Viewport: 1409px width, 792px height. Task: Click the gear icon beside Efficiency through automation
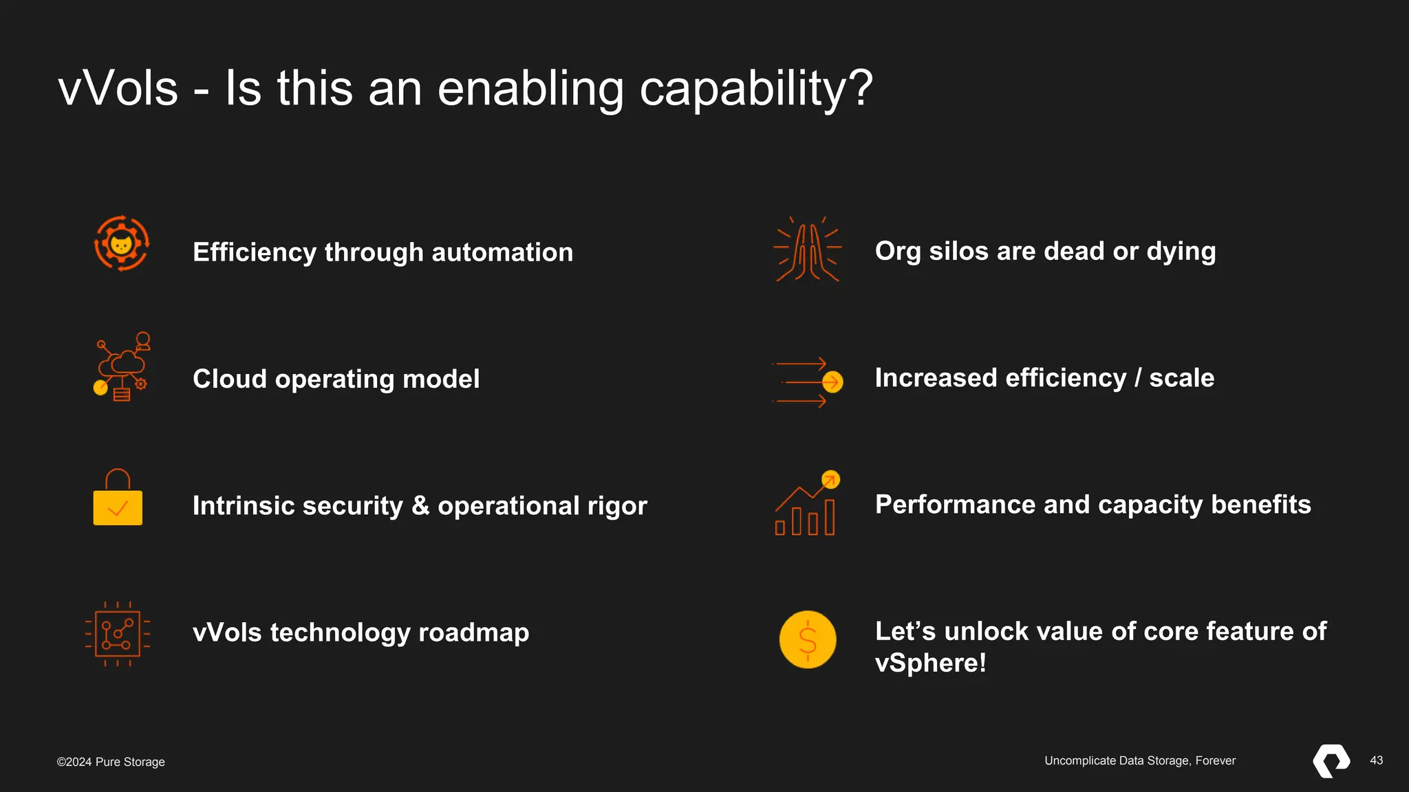[121, 244]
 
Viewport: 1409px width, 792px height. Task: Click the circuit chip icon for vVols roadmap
[118, 633]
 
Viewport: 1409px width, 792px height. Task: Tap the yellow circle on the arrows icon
[832, 382]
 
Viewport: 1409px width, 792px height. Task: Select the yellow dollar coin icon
[808, 639]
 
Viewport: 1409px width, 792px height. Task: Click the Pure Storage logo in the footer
[1331, 761]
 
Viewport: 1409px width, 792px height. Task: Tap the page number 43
[1376, 760]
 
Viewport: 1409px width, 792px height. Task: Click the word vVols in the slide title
[118, 89]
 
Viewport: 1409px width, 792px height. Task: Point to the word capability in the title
[756, 90]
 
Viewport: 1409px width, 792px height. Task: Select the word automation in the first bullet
[502, 252]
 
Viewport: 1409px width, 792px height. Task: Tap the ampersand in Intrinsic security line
[420, 505]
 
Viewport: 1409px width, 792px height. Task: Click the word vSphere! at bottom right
[930, 663]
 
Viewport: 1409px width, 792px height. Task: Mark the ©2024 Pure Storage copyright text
[111, 762]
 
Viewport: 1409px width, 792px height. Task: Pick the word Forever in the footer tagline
[1215, 760]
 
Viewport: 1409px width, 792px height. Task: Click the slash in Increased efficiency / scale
[1138, 377]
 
